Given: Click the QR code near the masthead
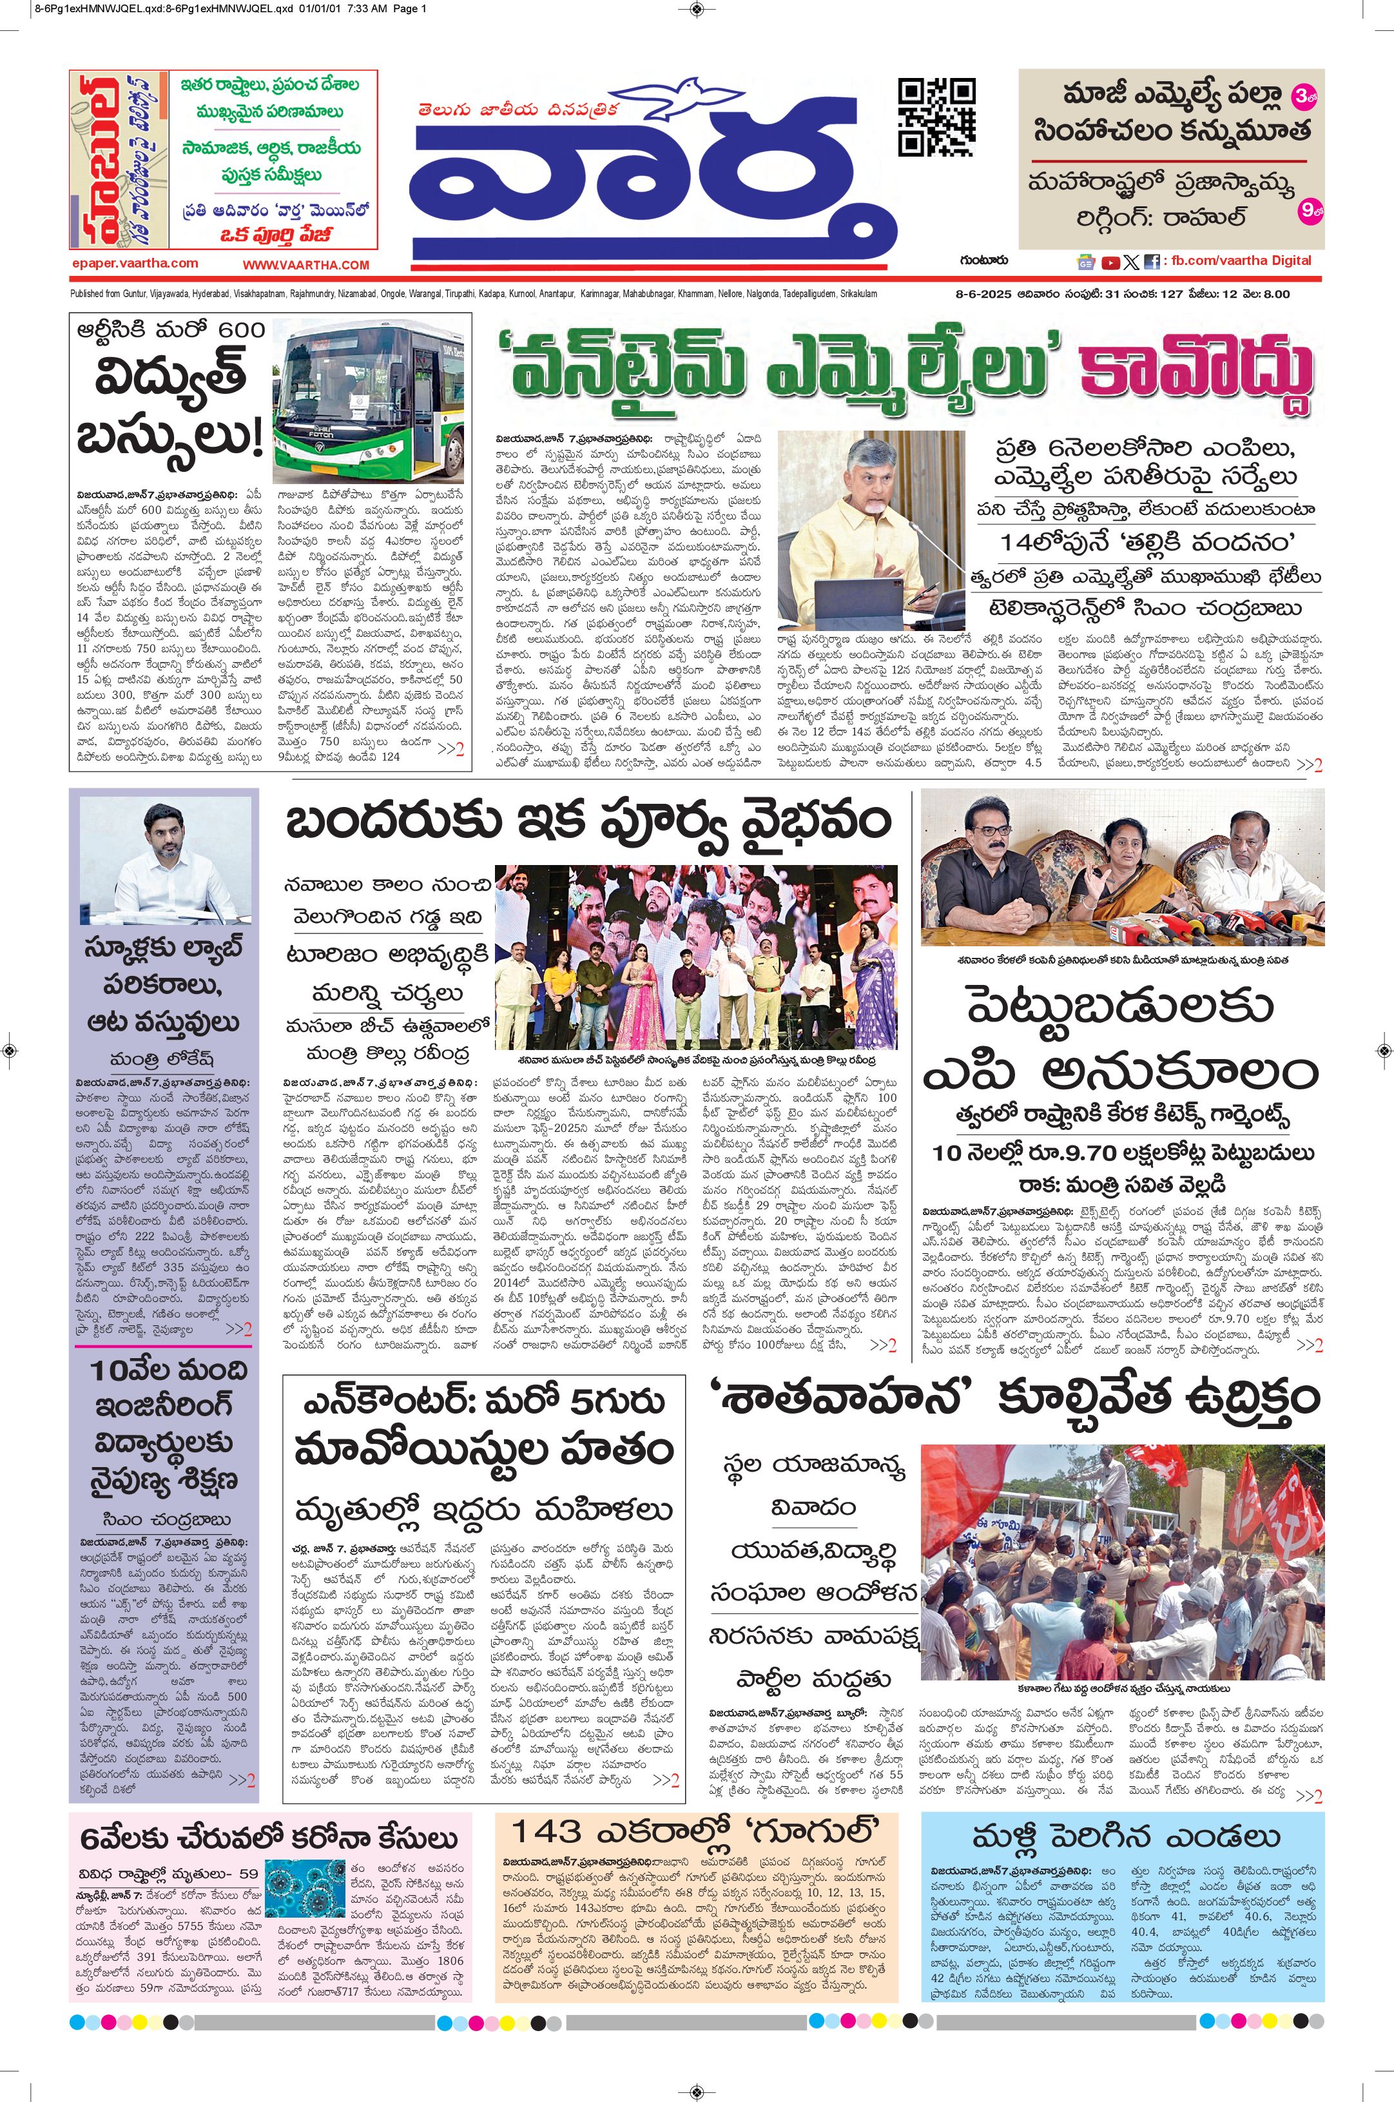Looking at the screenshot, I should click(936, 117).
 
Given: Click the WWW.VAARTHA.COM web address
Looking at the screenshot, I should click(306, 265).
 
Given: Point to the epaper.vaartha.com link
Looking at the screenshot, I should click(135, 263).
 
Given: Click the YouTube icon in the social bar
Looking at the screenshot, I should click(1110, 262).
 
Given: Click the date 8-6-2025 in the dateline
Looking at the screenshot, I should click(975, 295).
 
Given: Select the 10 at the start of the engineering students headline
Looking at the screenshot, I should click(110, 1370).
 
